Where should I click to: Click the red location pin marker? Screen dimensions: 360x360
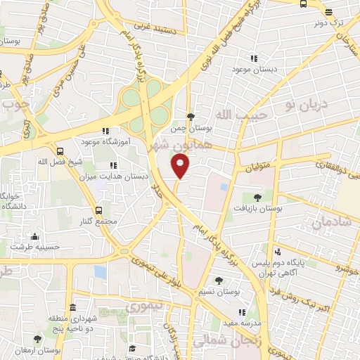(181, 167)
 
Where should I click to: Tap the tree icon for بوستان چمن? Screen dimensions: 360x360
(191, 117)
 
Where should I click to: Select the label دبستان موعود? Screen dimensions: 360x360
(252, 70)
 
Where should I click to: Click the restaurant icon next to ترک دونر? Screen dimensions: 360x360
(328, 11)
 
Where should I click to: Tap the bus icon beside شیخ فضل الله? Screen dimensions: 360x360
(60, 151)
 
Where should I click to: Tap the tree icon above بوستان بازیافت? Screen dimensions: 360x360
(256, 198)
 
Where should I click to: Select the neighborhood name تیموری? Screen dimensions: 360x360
(143, 307)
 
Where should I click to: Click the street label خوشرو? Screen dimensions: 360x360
(346, 269)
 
